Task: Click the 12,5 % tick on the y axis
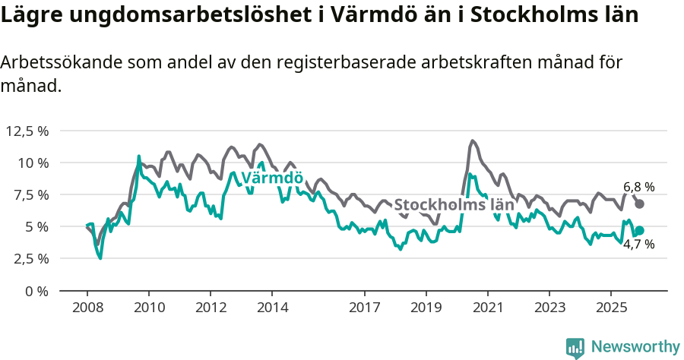tap(27, 131)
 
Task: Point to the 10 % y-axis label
tap(33, 163)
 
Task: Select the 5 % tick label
tap(36, 226)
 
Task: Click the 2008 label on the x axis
tap(87, 308)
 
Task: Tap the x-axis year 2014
tap(272, 308)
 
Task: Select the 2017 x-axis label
tap(364, 308)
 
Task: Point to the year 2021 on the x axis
tap(487, 308)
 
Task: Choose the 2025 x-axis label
tap(610, 308)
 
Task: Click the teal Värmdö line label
tap(272, 178)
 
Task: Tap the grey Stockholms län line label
tap(454, 205)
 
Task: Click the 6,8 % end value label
tap(639, 187)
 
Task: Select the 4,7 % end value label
tap(639, 245)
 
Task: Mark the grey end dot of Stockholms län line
tap(640, 204)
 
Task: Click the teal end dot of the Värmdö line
tap(640, 231)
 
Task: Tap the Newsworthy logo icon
tap(575, 347)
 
